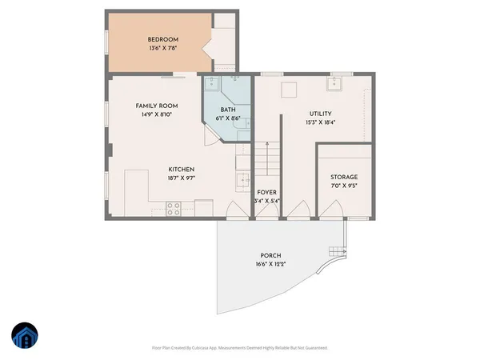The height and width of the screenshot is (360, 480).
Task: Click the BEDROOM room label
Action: pos(162,39)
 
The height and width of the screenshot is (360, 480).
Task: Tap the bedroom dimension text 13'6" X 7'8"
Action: pos(162,49)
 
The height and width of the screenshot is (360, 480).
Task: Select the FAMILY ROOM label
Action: pos(156,106)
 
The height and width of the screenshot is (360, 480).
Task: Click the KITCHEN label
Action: pos(182,169)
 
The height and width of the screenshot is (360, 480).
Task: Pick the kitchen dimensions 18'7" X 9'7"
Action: pos(182,178)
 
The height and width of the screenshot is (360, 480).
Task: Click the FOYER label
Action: pos(266,192)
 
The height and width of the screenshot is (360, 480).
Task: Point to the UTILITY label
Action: pos(321,114)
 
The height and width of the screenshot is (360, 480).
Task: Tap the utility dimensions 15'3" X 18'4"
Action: pos(321,123)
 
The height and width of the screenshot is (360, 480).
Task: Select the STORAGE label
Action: pos(344,177)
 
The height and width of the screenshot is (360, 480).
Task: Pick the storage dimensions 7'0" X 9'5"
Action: pos(344,186)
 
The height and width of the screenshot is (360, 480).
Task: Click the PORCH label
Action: pos(270,255)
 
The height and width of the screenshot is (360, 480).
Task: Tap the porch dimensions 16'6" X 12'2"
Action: pos(270,264)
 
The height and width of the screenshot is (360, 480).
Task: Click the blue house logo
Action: pos(25,337)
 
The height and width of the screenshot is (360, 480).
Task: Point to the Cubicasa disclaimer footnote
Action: pos(240,348)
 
